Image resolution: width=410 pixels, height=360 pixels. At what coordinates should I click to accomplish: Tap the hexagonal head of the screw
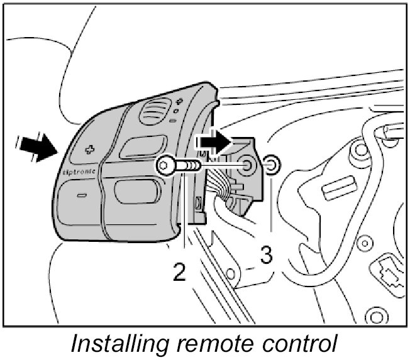pos(165,166)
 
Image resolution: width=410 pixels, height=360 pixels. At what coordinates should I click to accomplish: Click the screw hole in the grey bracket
pos(248,165)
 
